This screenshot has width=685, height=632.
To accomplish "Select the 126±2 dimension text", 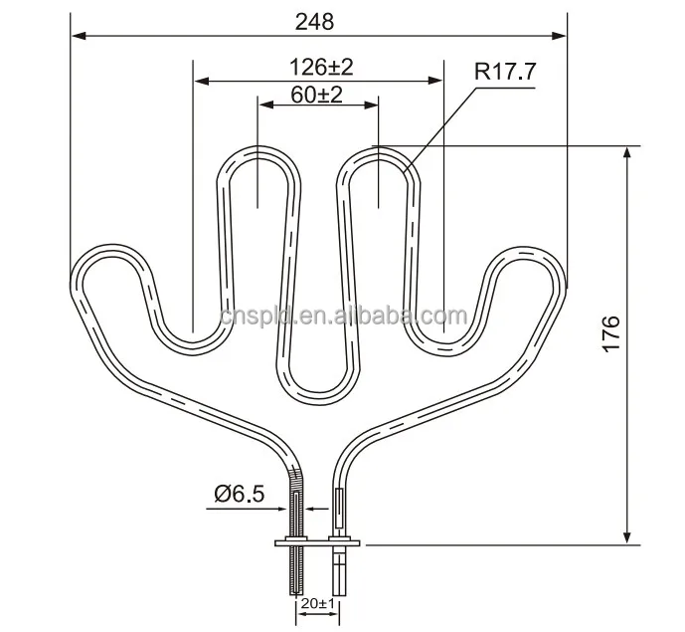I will pos(321,67).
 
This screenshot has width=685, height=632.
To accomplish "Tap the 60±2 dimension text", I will pos(317,95).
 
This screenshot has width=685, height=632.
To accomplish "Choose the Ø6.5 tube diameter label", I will pos(238,493).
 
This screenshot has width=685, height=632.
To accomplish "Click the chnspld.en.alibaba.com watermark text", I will pos(343,317).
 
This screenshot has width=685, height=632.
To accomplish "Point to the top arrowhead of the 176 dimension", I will pos(627,152).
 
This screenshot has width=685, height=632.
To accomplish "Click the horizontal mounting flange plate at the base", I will pos(316,542).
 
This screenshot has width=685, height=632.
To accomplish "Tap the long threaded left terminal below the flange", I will pos(296,577).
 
